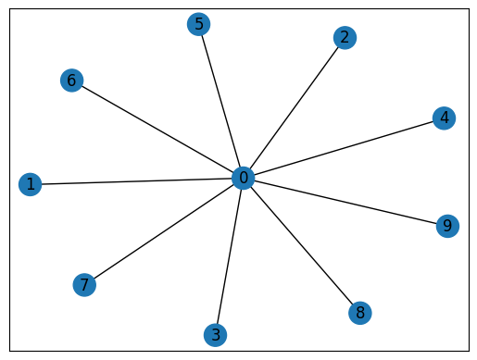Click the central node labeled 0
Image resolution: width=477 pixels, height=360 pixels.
243,178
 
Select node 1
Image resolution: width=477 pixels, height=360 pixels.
31,185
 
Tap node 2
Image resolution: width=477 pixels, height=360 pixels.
345,38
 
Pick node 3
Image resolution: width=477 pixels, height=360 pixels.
216,334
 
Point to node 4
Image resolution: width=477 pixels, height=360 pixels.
445,118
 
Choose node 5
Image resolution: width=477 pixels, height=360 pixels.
198,24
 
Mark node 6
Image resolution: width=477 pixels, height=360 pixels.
71,81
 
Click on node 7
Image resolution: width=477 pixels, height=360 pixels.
84,284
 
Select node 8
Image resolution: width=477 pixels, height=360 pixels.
360,313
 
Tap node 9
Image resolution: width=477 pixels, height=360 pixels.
447,226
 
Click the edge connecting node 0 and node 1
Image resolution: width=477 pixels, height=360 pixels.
137,181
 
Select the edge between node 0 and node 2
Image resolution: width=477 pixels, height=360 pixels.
295,107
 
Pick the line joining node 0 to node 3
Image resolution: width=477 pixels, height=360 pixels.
230,255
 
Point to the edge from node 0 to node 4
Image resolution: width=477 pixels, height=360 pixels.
344,148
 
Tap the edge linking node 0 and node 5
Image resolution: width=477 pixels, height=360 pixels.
220,101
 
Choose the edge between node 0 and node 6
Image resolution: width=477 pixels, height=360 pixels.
157,130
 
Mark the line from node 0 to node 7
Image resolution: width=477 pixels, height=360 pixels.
164,230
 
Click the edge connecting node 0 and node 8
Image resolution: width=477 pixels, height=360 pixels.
302,245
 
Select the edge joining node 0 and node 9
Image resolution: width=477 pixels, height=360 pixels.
345,202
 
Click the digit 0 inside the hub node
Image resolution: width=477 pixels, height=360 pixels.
243,178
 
